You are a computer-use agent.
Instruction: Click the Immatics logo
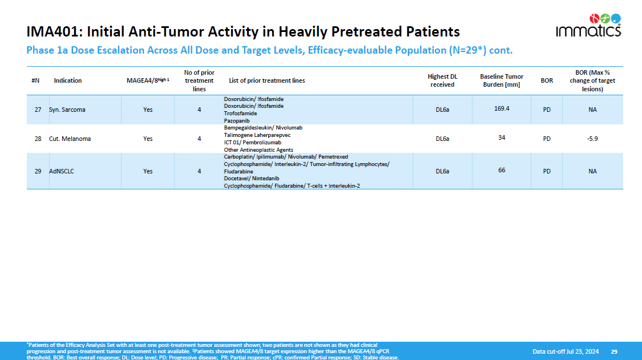point(588,26)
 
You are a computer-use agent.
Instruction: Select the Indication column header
point(67,80)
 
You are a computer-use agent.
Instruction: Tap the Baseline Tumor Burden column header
point(502,80)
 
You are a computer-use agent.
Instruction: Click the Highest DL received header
point(442,80)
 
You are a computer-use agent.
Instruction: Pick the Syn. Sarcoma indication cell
point(67,110)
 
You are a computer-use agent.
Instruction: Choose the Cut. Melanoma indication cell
point(70,139)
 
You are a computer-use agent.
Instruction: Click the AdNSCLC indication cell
point(62,171)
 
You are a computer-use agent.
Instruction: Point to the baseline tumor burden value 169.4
point(502,108)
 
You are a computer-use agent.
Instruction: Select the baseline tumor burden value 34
point(502,137)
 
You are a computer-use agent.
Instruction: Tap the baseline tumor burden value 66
point(502,170)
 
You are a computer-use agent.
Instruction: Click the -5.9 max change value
point(592,139)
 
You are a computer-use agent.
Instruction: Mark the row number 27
point(38,110)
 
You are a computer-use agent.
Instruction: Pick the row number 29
point(38,171)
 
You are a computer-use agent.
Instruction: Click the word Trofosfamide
point(240,114)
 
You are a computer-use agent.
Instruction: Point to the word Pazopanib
point(237,121)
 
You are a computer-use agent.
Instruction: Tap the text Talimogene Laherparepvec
point(257,135)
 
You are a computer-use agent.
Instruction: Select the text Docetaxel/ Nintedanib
point(252,179)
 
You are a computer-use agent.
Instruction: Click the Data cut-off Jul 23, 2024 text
point(566,351)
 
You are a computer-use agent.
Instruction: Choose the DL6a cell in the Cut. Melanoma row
point(442,139)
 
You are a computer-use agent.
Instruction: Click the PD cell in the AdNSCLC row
point(547,171)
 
